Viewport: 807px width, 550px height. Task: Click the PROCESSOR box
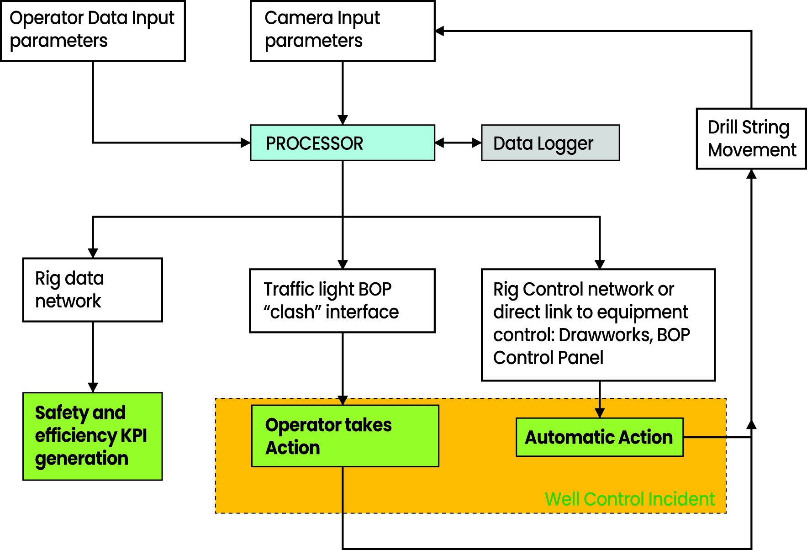click(x=342, y=143)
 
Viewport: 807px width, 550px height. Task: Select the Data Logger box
click(x=550, y=143)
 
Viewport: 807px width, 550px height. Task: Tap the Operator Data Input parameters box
click(x=93, y=31)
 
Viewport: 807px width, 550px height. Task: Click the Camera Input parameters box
click(x=342, y=31)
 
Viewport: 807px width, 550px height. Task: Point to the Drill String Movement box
click(x=751, y=138)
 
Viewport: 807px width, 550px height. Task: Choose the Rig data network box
click(x=92, y=290)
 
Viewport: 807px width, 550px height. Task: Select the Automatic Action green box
click(x=599, y=437)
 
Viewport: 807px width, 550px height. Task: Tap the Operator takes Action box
click(x=345, y=436)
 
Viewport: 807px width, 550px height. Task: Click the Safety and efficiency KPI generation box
click(x=92, y=436)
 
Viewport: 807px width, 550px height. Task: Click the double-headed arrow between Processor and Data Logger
click(x=458, y=143)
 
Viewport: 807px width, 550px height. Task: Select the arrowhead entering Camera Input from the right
click(x=440, y=31)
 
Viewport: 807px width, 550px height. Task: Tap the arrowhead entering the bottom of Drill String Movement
click(x=751, y=174)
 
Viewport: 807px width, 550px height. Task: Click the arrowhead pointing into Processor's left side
click(x=245, y=143)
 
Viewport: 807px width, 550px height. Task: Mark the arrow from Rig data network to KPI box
click(x=93, y=356)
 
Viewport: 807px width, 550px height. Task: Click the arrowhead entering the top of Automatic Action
click(x=600, y=413)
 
